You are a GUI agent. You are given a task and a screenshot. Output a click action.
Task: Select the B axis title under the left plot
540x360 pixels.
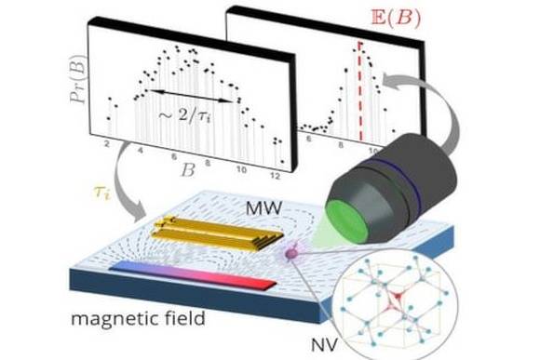tap(188, 169)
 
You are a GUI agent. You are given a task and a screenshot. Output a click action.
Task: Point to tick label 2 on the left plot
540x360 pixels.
tap(107, 144)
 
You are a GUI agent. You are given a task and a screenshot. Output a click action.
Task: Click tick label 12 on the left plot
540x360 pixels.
tap(275, 176)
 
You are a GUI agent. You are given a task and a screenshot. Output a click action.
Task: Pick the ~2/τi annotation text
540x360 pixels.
tap(184, 115)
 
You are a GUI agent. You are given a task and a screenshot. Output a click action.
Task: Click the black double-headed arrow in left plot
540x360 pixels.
tap(190, 96)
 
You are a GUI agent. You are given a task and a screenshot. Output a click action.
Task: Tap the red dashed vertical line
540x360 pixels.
tap(360, 91)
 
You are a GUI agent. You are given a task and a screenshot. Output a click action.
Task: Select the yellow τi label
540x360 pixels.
tap(102, 193)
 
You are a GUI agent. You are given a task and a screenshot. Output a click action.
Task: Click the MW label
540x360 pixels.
tap(264, 208)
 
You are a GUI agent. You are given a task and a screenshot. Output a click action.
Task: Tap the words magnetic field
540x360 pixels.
tap(138, 319)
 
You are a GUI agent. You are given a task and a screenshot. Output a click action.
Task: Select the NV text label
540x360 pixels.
tap(324, 345)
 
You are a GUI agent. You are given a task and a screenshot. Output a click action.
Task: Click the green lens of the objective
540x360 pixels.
tap(347, 221)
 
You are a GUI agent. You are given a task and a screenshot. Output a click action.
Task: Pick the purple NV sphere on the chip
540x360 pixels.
tap(291, 254)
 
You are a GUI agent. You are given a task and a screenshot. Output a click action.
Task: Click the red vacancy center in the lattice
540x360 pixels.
tap(396, 298)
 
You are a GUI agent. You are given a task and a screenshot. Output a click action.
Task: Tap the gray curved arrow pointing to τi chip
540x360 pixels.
tap(120, 179)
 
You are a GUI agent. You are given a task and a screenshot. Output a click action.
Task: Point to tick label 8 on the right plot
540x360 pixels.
tap(341, 145)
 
